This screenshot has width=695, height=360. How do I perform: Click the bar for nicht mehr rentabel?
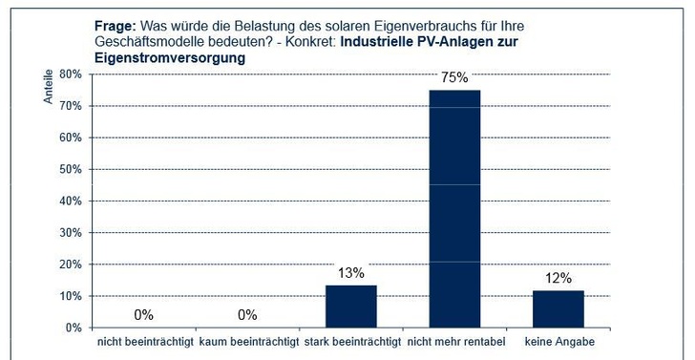click(454, 208)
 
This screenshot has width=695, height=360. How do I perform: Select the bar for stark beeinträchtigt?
click(351, 307)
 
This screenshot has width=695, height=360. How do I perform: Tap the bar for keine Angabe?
click(558, 308)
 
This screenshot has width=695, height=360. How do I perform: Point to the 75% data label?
click(454, 78)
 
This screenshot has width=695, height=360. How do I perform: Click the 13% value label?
click(350, 273)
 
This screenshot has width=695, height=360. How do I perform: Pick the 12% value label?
click(558, 278)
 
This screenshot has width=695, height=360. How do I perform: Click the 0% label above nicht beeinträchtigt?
click(143, 314)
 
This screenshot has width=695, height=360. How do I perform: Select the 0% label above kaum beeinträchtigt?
click(247, 314)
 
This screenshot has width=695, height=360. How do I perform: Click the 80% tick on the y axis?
click(72, 74)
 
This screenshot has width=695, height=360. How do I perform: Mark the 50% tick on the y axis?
click(72, 169)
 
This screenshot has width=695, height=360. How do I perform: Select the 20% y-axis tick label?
click(72, 265)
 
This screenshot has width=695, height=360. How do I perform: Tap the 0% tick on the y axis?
click(74, 328)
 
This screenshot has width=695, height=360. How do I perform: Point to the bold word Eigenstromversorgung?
click(170, 57)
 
